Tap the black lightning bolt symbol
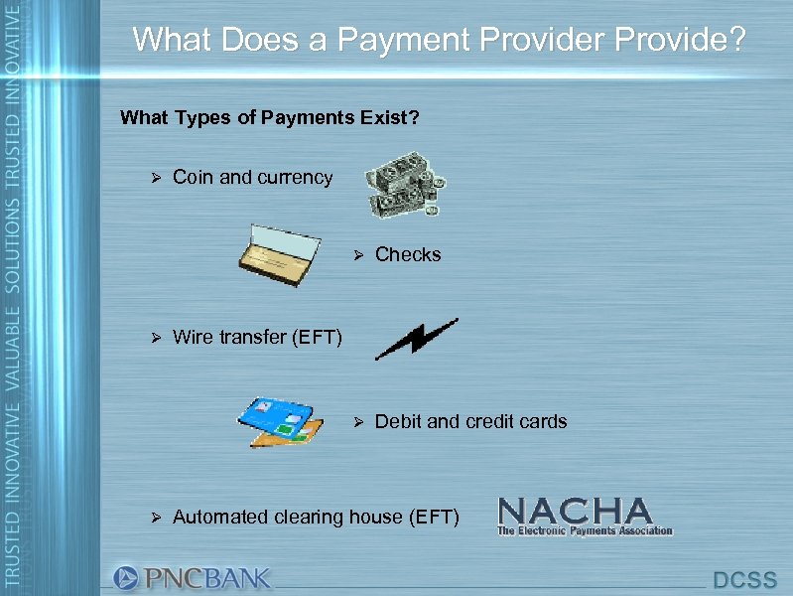coord(417,338)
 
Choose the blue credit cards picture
coord(280,421)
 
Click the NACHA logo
coord(585,517)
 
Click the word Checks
coord(408,255)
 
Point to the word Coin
coord(194,178)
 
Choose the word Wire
coord(193,339)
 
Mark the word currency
coord(295,179)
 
